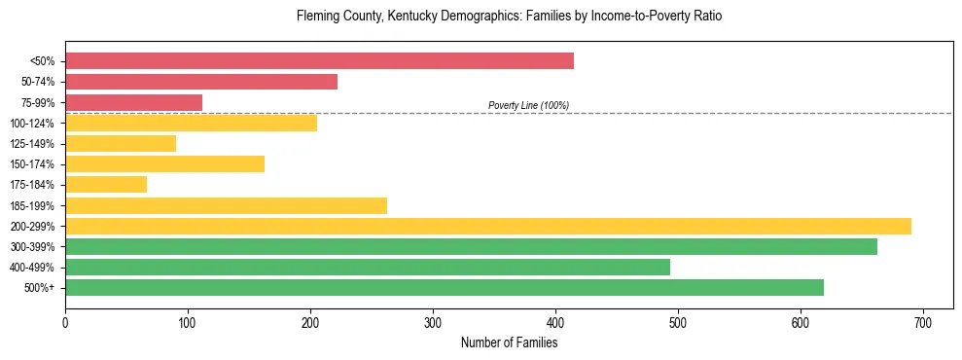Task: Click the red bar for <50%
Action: click(319, 60)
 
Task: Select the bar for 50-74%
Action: click(201, 82)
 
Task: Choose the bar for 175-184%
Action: click(106, 185)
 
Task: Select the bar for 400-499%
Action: click(368, 267)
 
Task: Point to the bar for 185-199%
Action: click(226, 205)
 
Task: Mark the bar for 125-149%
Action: click(121, 143)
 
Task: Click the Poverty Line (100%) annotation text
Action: click(528, 105)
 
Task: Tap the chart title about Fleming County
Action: click(509, 17)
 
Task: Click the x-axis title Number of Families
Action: click(509, 342)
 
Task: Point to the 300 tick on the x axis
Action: click(433, 321)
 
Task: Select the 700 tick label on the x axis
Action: click(923, 321)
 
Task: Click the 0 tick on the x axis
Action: click(65, 321)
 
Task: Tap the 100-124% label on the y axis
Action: click(32, 124)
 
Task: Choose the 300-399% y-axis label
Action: click(32, 247)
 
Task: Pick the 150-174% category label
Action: click(32, 164)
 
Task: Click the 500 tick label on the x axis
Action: click(678, 321)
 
